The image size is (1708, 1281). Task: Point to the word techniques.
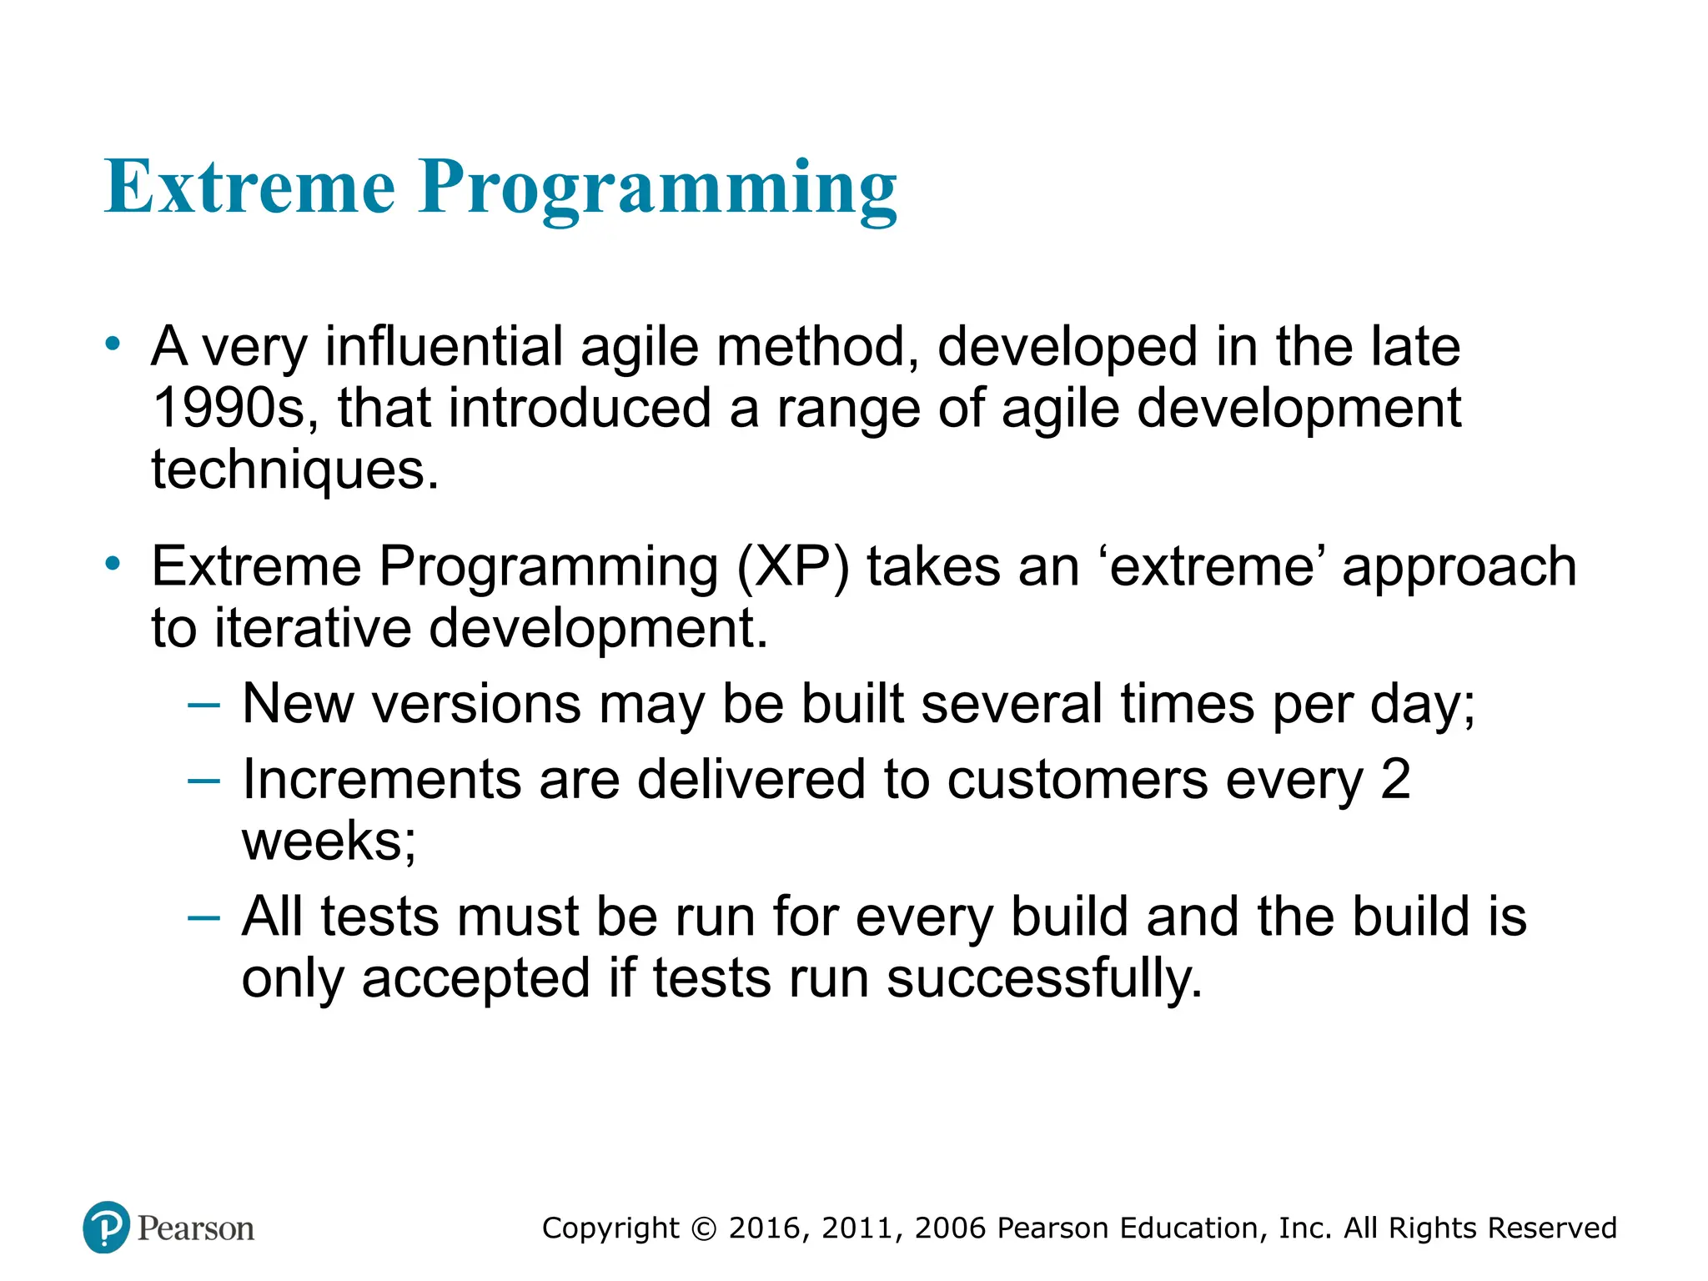coord(294,470)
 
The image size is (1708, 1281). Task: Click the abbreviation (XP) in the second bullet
coord(793,567)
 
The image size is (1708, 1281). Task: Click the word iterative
coord(313,628)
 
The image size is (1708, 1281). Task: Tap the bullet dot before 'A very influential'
coord(113,343)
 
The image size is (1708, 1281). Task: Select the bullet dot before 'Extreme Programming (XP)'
coord(113,564)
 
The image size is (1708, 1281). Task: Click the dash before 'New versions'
coord(204,706)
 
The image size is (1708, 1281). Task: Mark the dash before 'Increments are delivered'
coord(204,781)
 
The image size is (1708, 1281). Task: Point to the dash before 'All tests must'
coord(204,918)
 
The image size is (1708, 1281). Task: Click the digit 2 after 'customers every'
coord(1395,780)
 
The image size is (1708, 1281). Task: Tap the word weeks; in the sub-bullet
coord(329,841)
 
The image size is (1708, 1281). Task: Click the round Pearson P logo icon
coord(107,1227)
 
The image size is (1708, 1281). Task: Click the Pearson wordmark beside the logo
coord(195,1228)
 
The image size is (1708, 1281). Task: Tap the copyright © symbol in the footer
coord(704,1229)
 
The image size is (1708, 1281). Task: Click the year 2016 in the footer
coord(766,1228)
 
